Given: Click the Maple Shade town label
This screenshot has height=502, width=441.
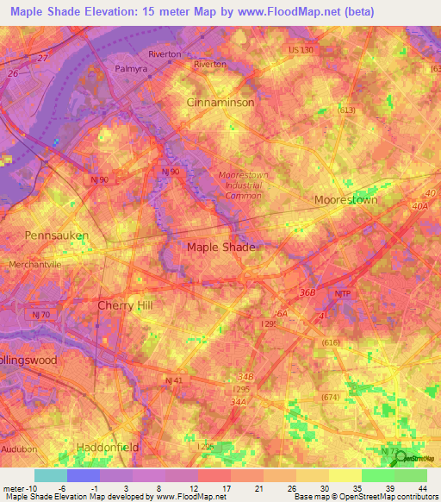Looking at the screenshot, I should pyautogui.click(x=221, y=247).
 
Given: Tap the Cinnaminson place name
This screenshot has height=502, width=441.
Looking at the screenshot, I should pyautogui.click(x=220, y=102).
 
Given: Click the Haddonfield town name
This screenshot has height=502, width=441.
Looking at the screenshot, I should pyautogui.click(x=102, y=448).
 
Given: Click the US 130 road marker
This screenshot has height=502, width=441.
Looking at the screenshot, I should pyautogui.click(x=301, y=51).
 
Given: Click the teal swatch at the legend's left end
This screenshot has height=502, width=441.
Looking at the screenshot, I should pyautogui.click(x=51, y=475).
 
